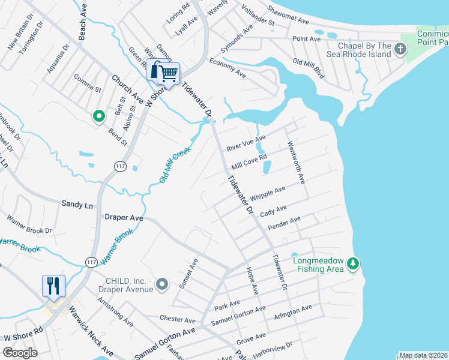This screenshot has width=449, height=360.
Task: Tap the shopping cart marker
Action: pos(169,73)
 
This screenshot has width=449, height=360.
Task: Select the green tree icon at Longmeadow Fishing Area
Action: pos(354,263)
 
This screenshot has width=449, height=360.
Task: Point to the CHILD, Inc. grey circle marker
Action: pos(161,283)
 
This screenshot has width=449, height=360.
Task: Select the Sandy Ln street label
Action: pos(77,205)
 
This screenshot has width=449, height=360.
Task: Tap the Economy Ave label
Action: pos(228,68)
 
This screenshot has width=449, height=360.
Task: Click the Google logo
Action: pos(20,353)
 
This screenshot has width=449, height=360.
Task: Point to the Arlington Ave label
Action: pos(293,311)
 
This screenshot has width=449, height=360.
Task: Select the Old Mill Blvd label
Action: pos(309,69)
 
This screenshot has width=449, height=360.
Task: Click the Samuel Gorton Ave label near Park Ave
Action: pos(238,317)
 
